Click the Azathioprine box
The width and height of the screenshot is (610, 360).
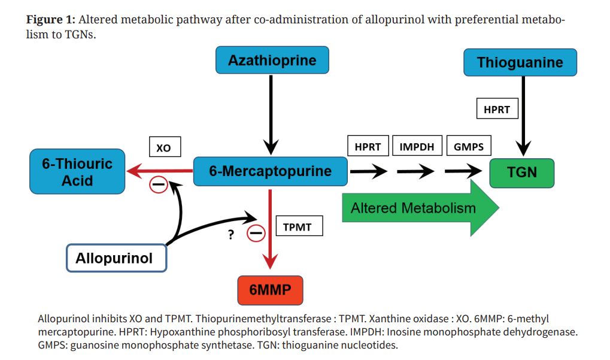pyautogui.click(x=272, y=60)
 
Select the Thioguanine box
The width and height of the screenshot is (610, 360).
pyautogui.click(x=520, y=62)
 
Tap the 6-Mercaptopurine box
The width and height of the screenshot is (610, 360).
pyautogui.click(x=270, y=171)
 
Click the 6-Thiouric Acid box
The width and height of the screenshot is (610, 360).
pyautogui.click(x=77, y=171)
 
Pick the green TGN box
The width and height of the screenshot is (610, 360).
pyautogui.click(x=521, y=173)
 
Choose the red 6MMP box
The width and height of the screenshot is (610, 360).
pyautogui.click(x=270, y=290)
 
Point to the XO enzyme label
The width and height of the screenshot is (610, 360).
pyautogui.click(x=163, y=147)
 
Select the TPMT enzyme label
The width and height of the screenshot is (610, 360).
pyautogui.click(x=298, y=227)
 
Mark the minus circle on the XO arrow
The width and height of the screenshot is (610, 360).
pyautogui.click(x=158, y=184)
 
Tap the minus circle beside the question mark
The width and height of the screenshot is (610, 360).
pyautogui.click(x=256, y=234)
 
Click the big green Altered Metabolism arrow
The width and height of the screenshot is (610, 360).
pyautogui.click(x=419, y=208)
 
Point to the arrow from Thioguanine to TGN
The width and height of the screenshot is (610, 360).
pyautogui.click(x=524, y=117)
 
